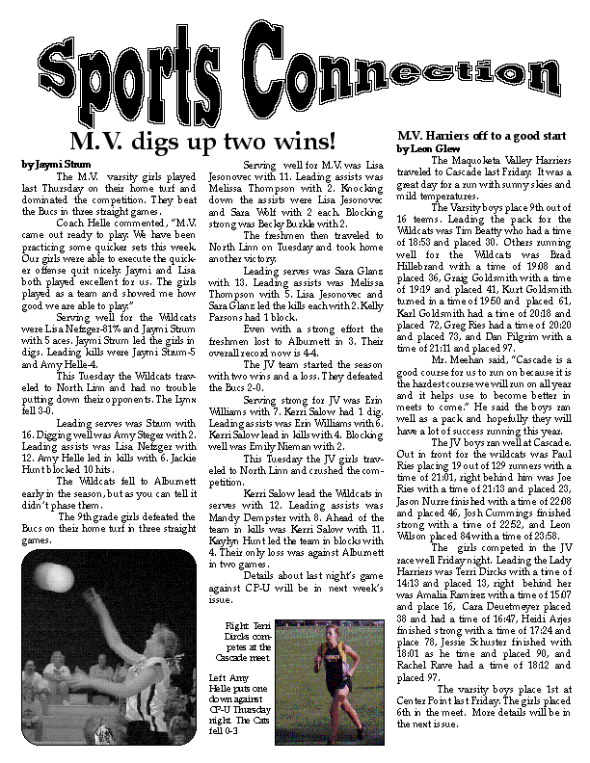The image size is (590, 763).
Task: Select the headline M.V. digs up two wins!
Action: [x=203, y=145]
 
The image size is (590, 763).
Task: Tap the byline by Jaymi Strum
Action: [x=48, y=165]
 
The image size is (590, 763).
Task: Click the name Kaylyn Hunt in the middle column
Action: [x=236, y=544]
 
